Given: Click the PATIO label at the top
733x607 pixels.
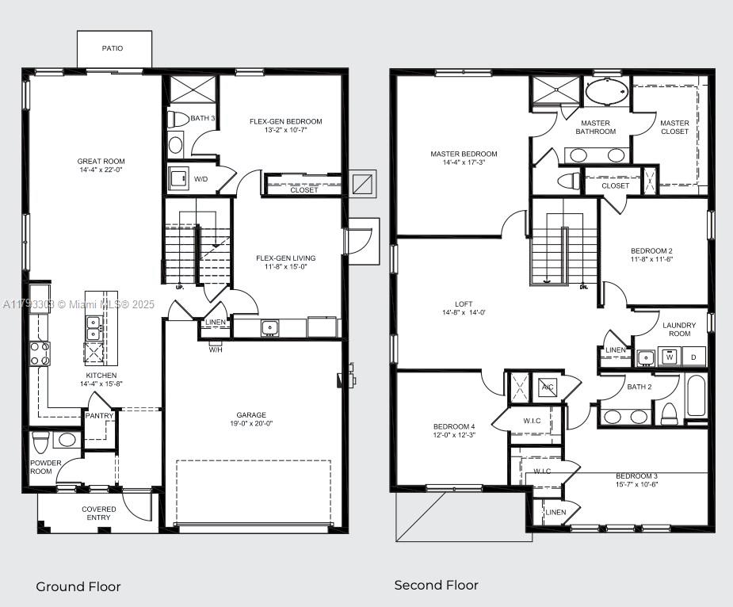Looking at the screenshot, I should click(x=113, y=48).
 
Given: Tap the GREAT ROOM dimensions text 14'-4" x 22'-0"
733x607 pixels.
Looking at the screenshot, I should click(x=101, y=170).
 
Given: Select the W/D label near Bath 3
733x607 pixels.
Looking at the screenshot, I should click(x=201, y=179).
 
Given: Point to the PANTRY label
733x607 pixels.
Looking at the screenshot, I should click(x=100, y=416).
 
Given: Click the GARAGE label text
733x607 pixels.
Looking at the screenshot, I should click(x=250, y=414).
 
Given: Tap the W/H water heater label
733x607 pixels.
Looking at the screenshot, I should click(x=216, y=349).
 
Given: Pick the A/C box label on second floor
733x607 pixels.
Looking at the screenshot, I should click(x=548, y=387).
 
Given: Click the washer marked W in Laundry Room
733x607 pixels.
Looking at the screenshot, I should click(x=670, y=357).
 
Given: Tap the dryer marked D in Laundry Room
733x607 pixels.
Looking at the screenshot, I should click(x=693, y=357).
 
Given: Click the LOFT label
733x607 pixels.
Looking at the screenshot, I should click(x=464, y=303).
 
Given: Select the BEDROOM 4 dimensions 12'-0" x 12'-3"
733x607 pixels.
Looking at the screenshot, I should click(x=454, y=435).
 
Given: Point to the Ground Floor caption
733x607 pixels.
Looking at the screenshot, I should click(x=78, y=586).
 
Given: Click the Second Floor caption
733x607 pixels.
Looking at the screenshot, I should click(x=437, y=585).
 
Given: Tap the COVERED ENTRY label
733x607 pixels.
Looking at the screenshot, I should click(x=99, y=513).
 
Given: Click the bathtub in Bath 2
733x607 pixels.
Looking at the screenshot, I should click(x=696, y=395).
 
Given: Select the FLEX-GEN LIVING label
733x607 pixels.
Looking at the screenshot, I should click(x=285, y=258).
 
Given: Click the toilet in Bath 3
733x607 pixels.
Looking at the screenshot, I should click(x=178, y=119).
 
